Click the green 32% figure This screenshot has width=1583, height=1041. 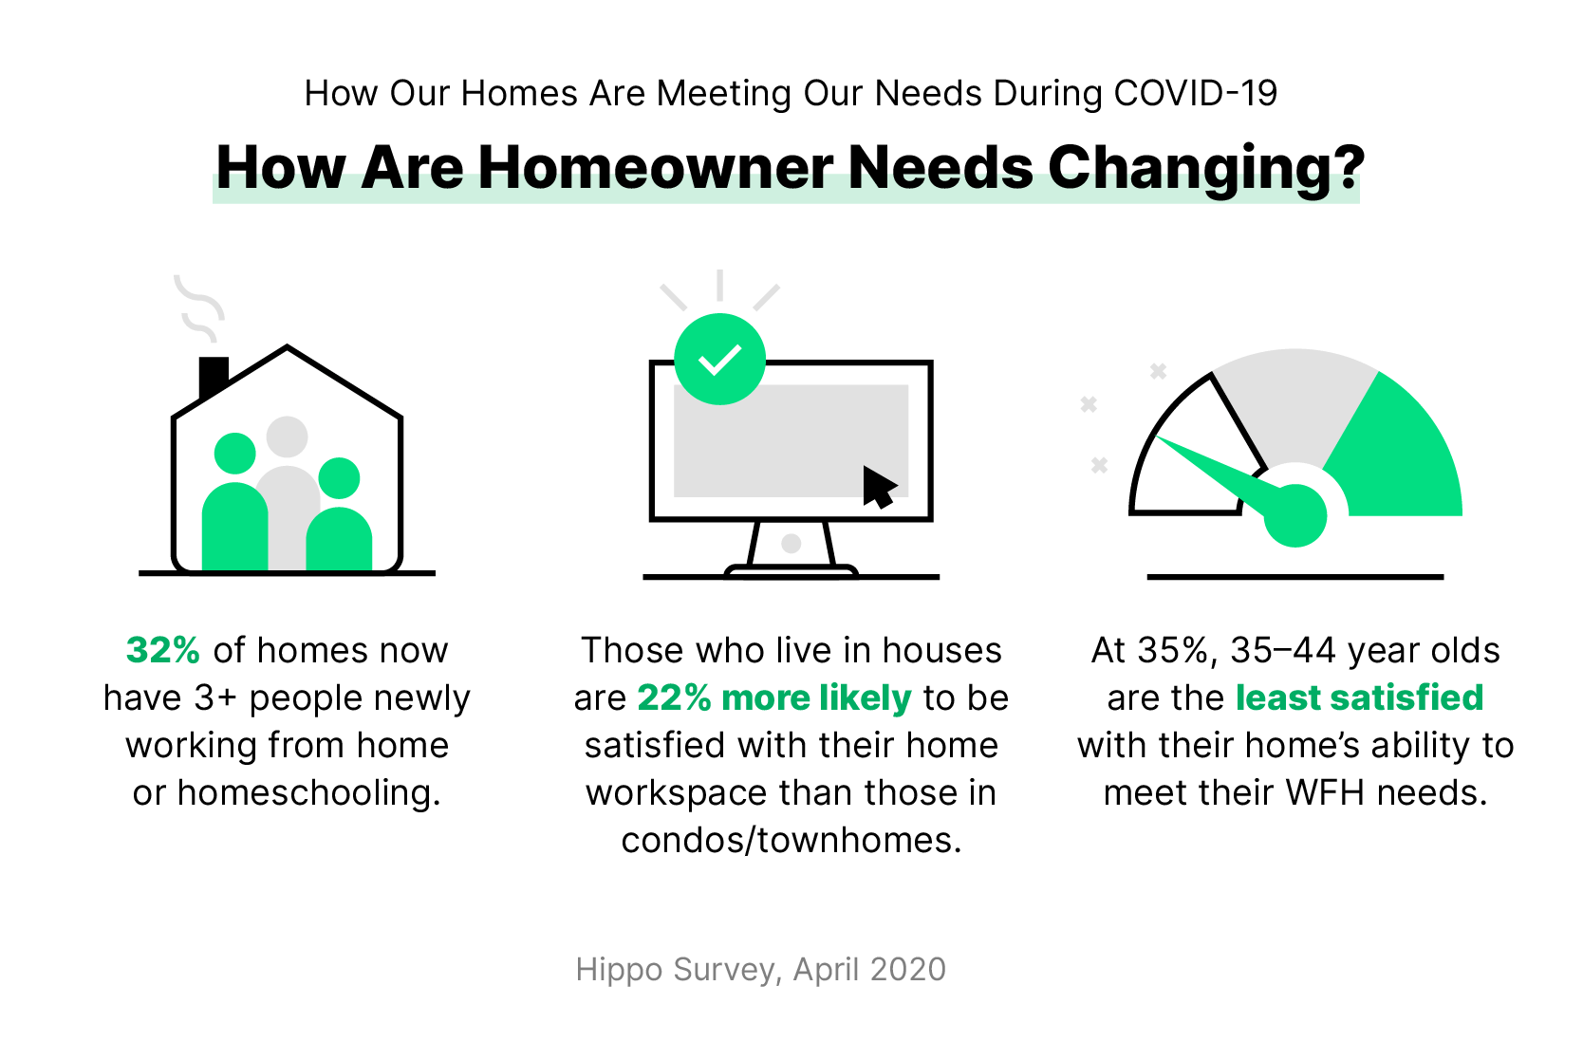pos(162,651)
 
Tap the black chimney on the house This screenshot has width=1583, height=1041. pos(213,375)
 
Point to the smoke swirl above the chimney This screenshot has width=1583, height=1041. pos(200,307)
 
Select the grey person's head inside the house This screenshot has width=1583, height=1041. pos(287,437)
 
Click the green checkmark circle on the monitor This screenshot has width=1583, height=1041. pos(719,360)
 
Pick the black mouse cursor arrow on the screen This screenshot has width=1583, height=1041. pos(878,487)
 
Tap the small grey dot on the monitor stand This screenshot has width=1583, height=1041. pos(791,544)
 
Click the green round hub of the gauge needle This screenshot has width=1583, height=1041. pos(1295,515)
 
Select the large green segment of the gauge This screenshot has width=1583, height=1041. pos(1400,455)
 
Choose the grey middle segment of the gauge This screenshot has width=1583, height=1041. pos(1295,399)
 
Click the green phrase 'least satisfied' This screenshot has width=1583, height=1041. pos(1359,698)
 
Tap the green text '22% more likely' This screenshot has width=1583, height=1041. pos(773,698)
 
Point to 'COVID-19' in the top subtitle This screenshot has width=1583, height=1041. pos(1195,94)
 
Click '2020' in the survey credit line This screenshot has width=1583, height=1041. pos(908,970)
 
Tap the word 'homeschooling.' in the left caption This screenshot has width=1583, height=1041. pos(309,793)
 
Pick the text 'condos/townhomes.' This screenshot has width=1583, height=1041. pos(791,841)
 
